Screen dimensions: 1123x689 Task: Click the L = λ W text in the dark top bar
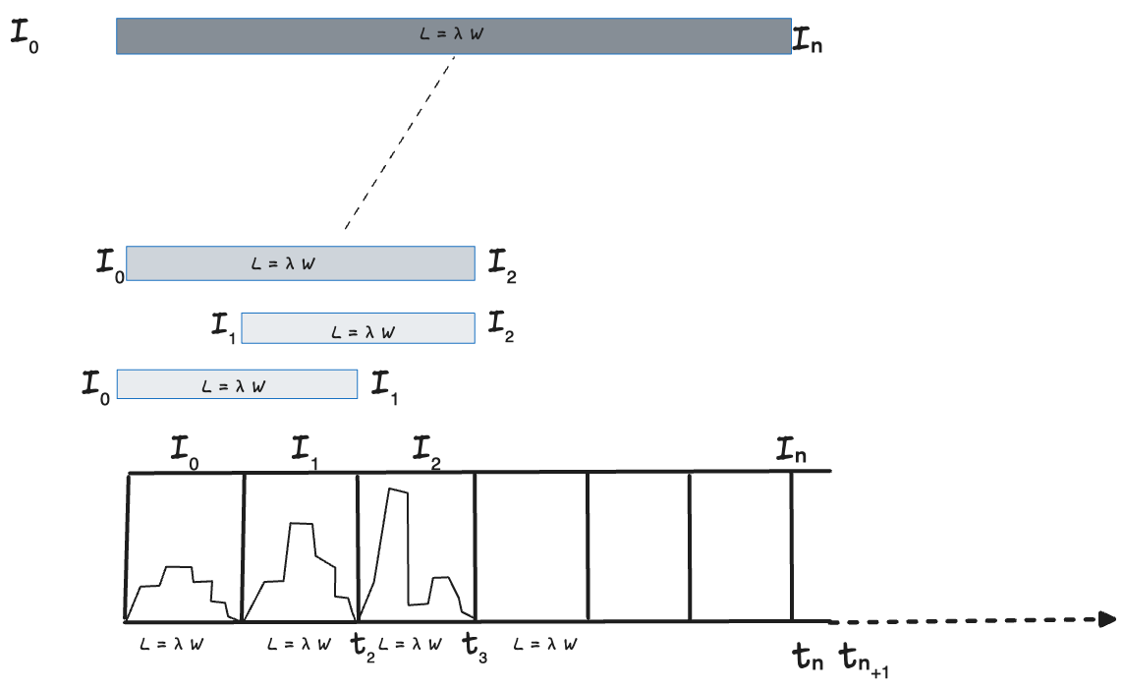coord(453,35)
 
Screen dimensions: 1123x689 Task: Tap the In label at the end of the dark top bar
coord(806,40)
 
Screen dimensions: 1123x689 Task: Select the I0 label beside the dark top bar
coord(25,37)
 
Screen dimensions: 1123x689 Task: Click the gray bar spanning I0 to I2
coord(300,263)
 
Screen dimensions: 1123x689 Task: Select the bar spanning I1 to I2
coord(357,328)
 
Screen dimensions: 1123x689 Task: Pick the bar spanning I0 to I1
coord(237,383)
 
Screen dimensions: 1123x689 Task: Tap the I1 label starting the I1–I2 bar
coord(223,324)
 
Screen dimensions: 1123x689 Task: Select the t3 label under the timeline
coord(476,649)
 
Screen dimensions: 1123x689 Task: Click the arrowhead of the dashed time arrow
coord(1106,619)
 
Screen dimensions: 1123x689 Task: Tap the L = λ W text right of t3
coord(543,644)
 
